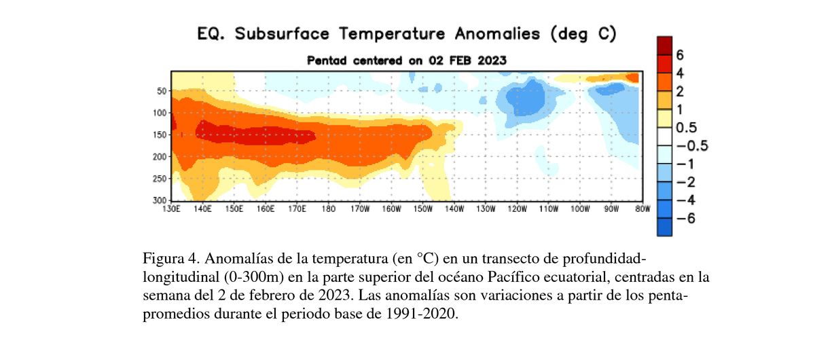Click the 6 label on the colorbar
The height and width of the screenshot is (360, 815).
(679, 54)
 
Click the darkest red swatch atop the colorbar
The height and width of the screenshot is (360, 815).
(664, 45)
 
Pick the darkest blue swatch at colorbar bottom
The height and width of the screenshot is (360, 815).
(664, 227)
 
